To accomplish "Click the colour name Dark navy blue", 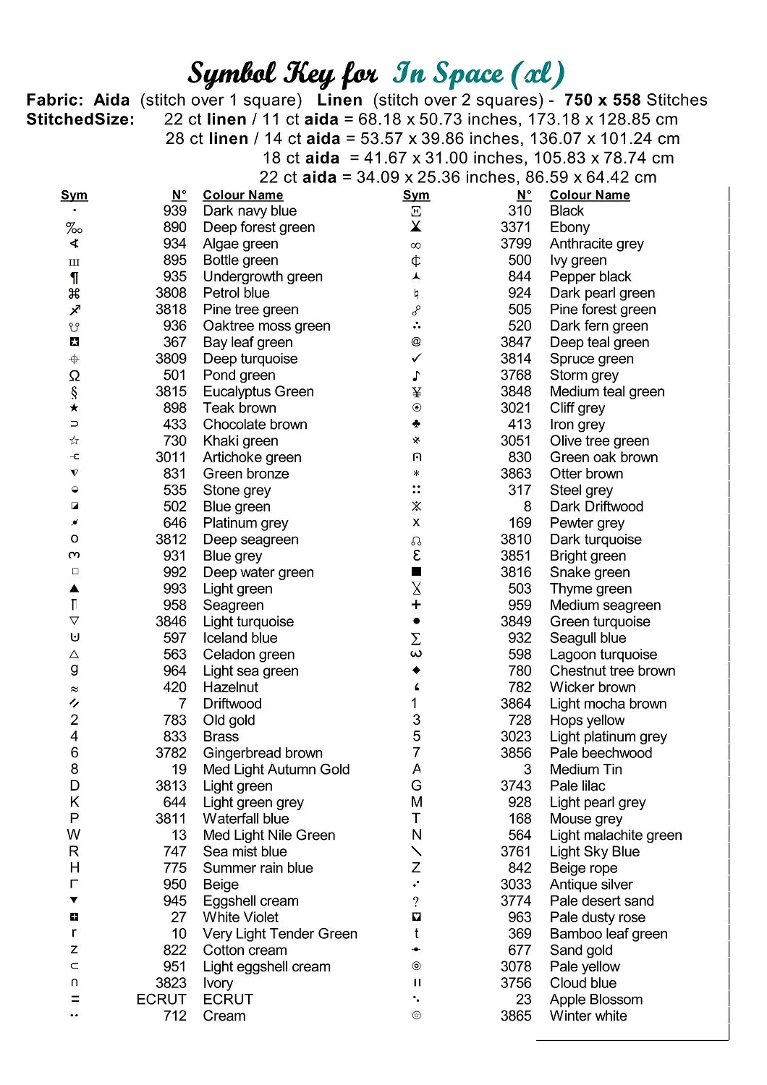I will tap(250, 210).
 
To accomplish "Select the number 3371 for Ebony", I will tap(515, 227).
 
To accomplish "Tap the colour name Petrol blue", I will tap(236, 293).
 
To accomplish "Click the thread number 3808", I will tap(171, 293).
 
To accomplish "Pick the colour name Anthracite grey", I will tap(596, 244).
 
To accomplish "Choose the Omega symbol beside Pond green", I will tap(75, 375).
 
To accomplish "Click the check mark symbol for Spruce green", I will tap(416, 359).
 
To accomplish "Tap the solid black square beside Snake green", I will tap(416, 572).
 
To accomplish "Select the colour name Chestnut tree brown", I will tap(612, 671).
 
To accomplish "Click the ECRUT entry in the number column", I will tap(161, 1000).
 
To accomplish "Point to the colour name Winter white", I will tap(588, 1016).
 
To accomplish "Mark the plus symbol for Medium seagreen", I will tap(416, 605).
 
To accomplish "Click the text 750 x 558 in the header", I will tap(602, 100).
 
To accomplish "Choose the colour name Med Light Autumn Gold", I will tap(276, 770).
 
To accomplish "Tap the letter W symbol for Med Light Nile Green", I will tap(74, 835).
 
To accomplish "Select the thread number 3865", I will tap(515, 1016).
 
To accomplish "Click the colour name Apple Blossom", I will tap(596, 1000).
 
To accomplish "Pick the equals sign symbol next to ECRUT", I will tap(75, 1000).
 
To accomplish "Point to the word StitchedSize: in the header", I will tap(80, 119).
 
